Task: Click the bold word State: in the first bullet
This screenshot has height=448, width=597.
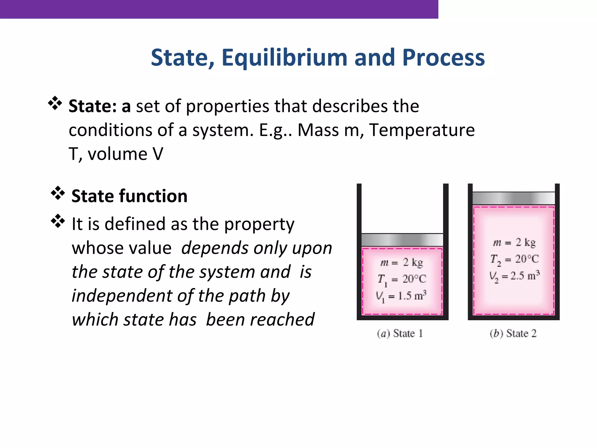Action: pyautogui.click(x=92, y=106)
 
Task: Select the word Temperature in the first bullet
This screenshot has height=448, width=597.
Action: pyautogui.click(x=422, y=130)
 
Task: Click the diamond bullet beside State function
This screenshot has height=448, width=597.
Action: pyautogui.click(x=58, y=193)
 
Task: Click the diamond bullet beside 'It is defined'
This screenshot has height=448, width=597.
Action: pyautogui.click(x=58, y=221)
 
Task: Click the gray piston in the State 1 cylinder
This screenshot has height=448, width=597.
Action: pyautogui.click(x=402, y=240)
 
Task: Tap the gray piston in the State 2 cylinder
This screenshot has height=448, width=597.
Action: pyautogui.click(x=513, y=198)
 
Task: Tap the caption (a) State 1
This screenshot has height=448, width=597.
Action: pyautogui.click(x=400, y=333)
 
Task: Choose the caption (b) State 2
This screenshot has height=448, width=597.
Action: pyautogui.click(x=513, y=333)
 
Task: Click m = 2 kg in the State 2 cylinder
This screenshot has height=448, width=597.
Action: pyautogui.click(x=514, y=243)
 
